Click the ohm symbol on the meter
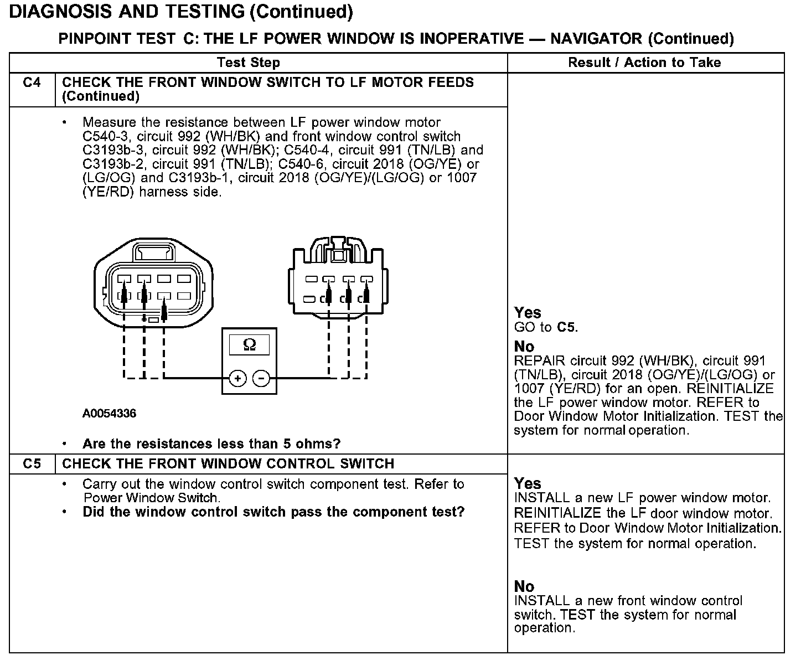click(x=250, y=345)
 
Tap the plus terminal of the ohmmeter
click(x=237, y=379)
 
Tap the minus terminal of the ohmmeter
click(x=261, y=379)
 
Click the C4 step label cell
click(x=32, y=83)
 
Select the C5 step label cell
click(x=32, y=464)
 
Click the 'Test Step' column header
click(x=249, y=63)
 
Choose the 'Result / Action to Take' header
click(x=644, y=63)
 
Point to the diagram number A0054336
click(x=109, y=414)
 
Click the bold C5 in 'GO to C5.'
click(x=566, y=327)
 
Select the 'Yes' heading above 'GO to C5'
click(x=527, y=313)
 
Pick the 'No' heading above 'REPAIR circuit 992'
click(x=524, y=347)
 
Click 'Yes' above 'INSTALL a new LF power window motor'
click(x=527, y=483)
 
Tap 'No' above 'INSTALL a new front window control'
click(x=524, y=586)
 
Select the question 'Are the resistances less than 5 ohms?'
click(x=211, y=444)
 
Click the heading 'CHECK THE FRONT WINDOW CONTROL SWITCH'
click(x=228, y=464)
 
